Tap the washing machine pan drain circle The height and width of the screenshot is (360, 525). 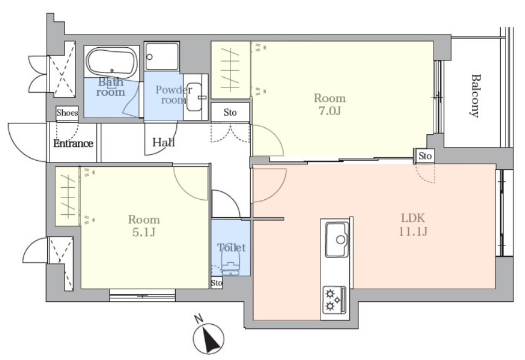click(x=150, y=57)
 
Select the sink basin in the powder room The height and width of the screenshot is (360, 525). click(x=194, y=97)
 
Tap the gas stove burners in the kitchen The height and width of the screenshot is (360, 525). click(x=334, y=300)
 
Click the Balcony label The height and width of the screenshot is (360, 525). click(x=475, y=96)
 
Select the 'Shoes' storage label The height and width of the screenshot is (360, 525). click(x=67, y=113)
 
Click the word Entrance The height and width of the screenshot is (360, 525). click(x=73, y=143)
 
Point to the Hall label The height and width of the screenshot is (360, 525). click(x=164, y=142)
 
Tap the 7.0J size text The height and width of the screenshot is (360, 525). click(x=330, y=111)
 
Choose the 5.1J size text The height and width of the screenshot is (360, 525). click(x=144, y=232)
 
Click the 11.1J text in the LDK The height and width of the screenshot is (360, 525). click(x=413, y=231)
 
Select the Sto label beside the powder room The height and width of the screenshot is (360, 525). click(x=230, y=113)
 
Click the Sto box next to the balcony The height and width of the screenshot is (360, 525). click(x=425, y=156)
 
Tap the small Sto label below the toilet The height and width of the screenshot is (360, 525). click(x=217, y=283)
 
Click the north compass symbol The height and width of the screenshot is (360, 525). click(x=209, y=339)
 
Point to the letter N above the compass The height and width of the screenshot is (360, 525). click(x=199, y=319)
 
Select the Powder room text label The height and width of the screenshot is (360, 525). click(x=173, y=95)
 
